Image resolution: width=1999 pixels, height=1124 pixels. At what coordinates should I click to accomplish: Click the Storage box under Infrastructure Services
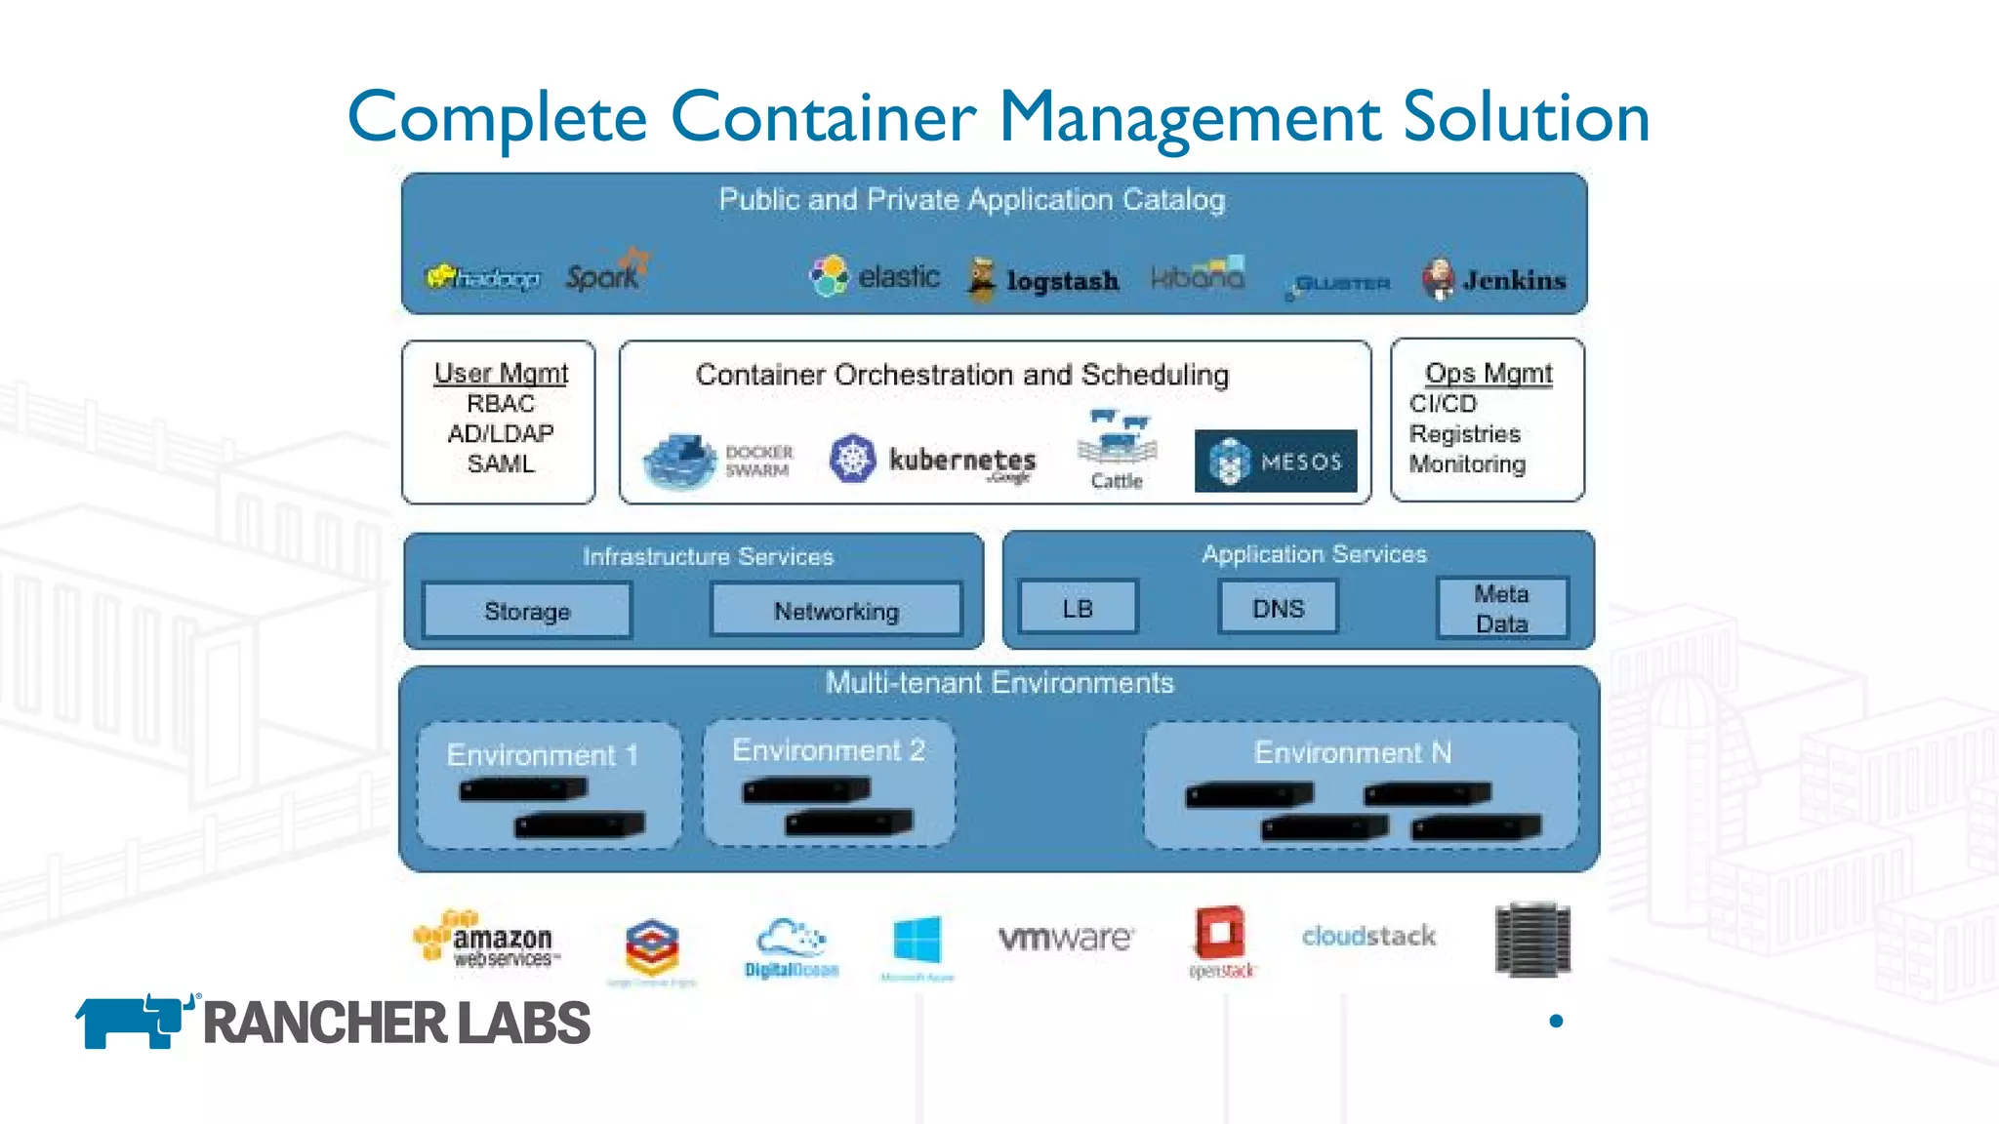[527, 611]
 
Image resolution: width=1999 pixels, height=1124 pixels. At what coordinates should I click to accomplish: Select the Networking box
[836, 611]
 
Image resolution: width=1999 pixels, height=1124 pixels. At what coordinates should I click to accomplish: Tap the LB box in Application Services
[1078, 608]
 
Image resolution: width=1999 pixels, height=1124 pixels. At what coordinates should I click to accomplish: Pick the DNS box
[1278, 608]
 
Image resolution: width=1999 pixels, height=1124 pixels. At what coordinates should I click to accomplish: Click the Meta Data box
[1501, 608]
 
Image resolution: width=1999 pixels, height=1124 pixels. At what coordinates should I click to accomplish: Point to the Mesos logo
[1276, 461]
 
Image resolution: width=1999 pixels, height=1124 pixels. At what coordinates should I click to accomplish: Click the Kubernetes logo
[932, 460]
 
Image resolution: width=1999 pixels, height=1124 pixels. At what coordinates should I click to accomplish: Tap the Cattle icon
[1117, 449]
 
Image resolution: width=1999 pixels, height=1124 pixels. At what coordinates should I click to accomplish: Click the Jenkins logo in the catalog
[1493, 280]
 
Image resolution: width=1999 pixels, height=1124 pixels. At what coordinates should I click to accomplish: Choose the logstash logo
[1042, 280]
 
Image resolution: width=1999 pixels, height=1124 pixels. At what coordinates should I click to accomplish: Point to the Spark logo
[606, 272]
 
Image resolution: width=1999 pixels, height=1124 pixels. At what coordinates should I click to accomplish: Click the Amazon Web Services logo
[485, 939]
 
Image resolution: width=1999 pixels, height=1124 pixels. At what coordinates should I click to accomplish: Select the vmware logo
[1066, 937]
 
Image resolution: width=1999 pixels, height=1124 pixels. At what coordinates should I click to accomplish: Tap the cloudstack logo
[1368, 936]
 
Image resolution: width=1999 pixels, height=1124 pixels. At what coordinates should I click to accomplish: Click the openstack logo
[1220, 941]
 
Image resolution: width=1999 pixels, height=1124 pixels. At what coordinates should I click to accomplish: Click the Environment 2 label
[829, 749]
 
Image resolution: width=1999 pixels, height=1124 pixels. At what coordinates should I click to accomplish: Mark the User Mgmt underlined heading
[501, 373]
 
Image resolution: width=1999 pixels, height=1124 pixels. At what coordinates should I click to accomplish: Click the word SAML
[501, 463]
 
